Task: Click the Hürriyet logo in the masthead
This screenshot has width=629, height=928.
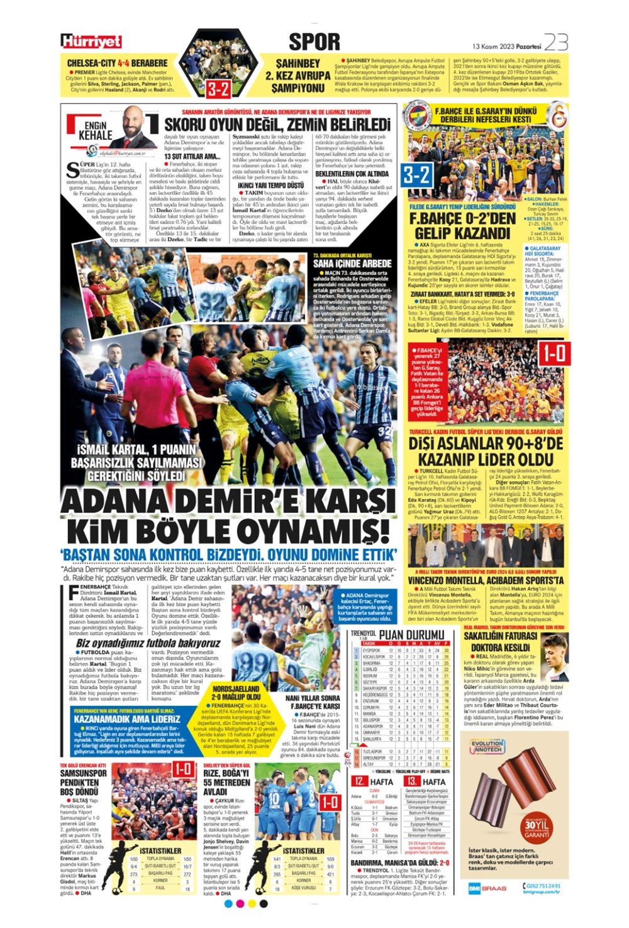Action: pos(91,42)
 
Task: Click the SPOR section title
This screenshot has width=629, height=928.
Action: pos(314,42)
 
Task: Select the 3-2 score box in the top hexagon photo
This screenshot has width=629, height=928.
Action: pos(218,89)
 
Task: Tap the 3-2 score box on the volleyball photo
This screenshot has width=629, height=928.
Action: pos(416,174)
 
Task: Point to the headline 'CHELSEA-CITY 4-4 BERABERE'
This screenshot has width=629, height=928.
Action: pos(118,63)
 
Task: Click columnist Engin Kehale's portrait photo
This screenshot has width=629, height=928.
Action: pos(132,126)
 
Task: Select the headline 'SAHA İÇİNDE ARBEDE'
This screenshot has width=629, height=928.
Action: pos(352,264)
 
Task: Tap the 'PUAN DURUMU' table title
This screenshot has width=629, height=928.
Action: pos(411,635)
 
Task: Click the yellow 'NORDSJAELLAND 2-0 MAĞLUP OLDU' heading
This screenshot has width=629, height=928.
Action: pos(236,693)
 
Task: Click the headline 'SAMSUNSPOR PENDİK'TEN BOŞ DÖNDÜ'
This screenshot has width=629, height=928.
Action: pos(83,782)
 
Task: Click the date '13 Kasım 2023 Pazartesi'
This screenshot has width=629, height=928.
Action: pos(506,46)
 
